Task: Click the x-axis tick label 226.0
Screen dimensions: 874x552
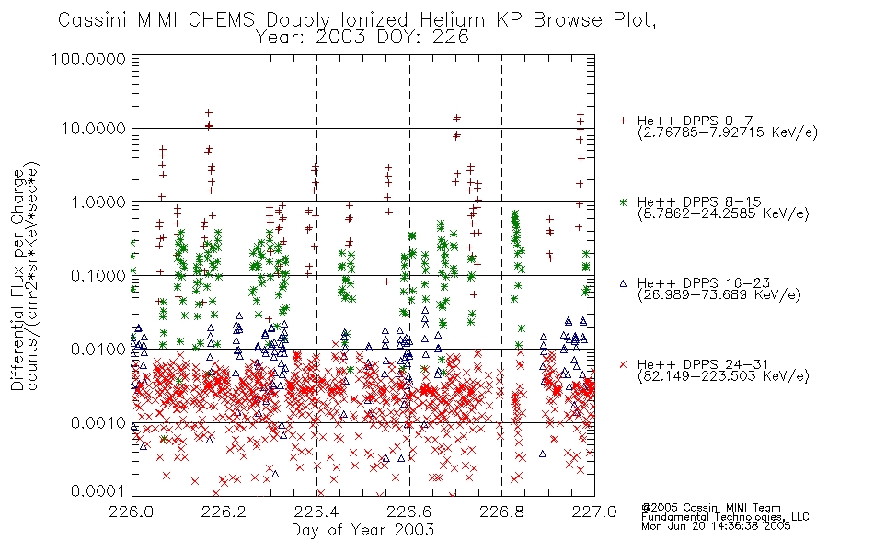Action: [x=132, y=511]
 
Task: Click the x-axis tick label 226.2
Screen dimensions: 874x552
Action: [x=224, y=511]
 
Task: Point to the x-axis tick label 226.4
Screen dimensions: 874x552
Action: [x=316, y=511]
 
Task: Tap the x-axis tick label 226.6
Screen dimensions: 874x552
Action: [x=409, y=511]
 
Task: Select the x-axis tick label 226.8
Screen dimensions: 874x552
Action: [x=501, y=511]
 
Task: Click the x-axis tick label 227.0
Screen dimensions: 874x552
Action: [x=594, y=511]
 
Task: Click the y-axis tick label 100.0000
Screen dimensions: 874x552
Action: [x=89, y=59]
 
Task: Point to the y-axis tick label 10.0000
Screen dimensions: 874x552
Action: [x=94, y=129]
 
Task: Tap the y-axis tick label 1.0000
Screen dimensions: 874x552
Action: [x=98, y=201]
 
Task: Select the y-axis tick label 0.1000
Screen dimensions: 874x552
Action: [x=98, y=275]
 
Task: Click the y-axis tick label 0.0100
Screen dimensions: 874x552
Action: [x=98, y=350]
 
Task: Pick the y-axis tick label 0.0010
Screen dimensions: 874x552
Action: [x=98, y=423]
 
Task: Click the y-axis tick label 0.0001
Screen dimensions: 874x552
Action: [x=98, y=490]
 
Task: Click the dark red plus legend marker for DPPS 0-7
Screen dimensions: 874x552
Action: [x=623, y=121]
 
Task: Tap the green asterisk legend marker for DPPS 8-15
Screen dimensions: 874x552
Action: [x=623, y=201]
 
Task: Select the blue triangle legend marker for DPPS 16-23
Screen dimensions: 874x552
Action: [x=623, y=283]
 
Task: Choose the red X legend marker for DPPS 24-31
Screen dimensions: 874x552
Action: [x=623, y=364]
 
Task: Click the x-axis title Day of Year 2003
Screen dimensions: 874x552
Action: [x=362, y=530]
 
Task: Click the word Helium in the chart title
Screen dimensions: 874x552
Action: [x=452, y=20]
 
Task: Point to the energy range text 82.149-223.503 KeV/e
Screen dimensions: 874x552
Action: [x=723, y=376]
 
